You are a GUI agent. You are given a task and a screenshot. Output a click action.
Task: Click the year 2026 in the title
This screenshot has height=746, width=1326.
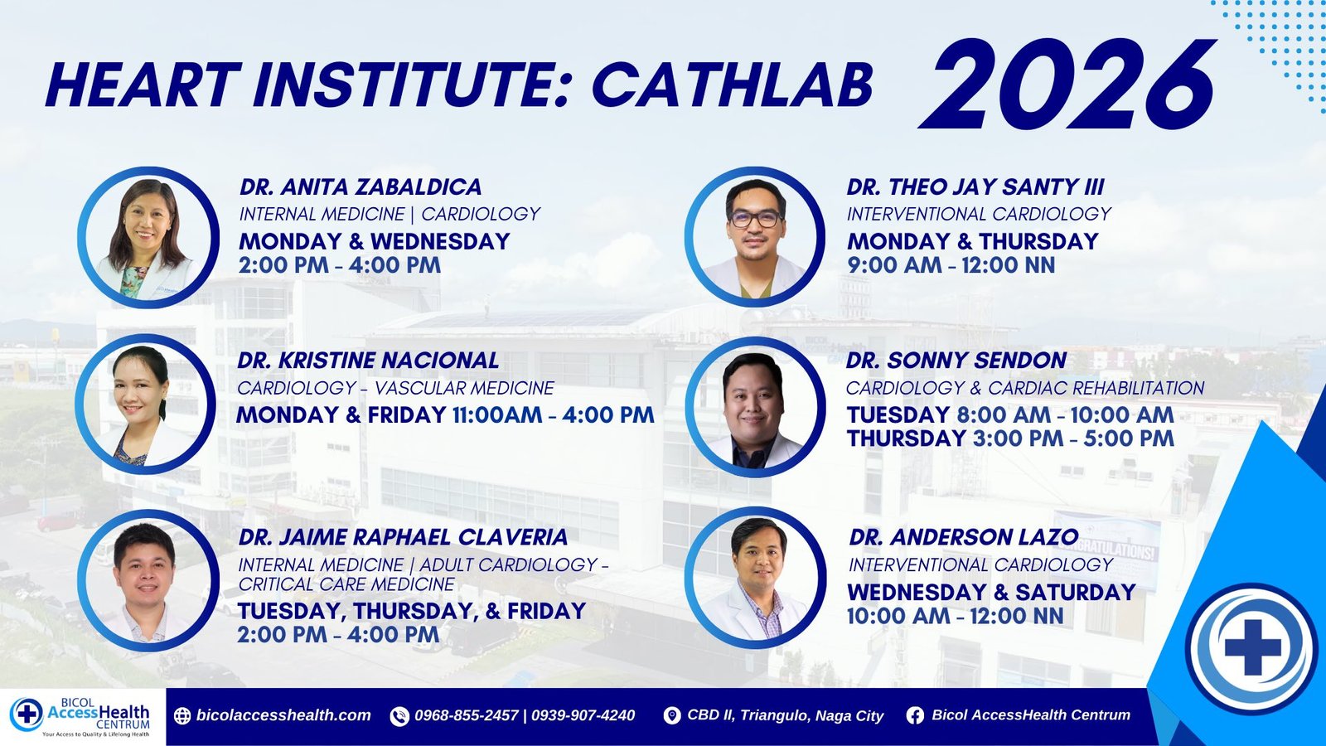point(1067,84)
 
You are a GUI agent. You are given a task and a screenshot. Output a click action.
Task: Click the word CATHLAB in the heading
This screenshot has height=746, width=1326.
point(733,85)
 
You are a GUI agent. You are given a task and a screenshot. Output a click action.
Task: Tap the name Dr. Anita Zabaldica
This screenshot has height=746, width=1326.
point(361,187)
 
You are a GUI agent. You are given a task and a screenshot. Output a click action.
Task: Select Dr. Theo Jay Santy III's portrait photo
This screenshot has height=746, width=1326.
point(755,237)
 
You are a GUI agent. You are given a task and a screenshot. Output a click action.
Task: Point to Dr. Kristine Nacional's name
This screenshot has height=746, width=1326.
point(368,360)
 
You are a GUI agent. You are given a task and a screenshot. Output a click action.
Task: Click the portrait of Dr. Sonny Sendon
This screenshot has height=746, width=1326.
point(755,407)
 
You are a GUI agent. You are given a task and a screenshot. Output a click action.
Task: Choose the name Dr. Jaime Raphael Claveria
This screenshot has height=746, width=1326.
point(403,537)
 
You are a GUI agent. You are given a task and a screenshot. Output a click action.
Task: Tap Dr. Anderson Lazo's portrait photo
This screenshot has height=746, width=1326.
point(755,578)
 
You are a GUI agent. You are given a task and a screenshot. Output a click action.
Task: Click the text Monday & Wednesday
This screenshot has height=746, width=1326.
point(374,241)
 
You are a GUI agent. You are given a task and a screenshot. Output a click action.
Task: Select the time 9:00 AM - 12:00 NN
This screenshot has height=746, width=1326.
point(951,265)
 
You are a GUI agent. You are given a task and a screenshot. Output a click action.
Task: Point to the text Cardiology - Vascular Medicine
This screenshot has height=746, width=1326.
point(395,388)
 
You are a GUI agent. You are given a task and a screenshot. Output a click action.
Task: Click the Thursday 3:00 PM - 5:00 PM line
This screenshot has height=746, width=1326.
point(1010,438)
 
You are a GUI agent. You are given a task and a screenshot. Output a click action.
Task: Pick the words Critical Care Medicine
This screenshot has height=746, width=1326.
point(346,584)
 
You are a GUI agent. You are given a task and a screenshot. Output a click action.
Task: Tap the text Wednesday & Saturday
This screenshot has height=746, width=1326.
point(991,592)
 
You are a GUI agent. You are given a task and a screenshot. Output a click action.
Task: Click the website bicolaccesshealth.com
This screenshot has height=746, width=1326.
point(283,715)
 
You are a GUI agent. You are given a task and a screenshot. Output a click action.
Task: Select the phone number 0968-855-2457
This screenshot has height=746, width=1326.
point(467,716)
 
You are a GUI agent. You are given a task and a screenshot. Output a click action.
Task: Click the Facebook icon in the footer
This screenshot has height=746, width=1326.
point(915,716)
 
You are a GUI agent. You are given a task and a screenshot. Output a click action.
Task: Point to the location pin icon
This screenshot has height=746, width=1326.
point(672,716)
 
